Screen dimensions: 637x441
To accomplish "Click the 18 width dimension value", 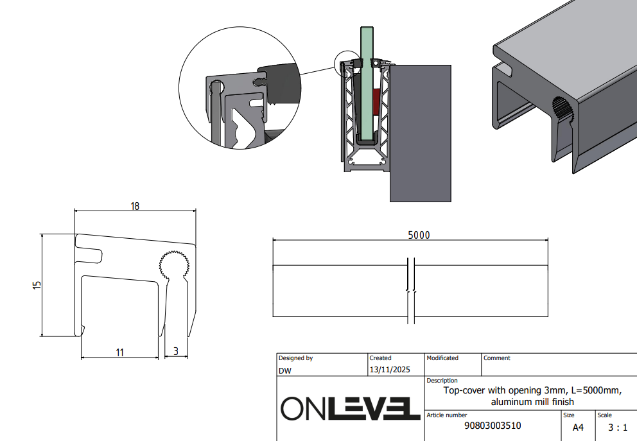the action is (x=135, y=206).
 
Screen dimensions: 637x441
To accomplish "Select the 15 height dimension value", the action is (x=37, y=285).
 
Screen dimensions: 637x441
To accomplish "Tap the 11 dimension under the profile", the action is (x=119, y=352).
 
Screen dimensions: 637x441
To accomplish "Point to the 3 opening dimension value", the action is (x=175, y=351).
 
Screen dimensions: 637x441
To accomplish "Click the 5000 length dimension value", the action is (x=419, y=235).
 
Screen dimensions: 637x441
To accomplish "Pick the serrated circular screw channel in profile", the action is (x=174, y=264).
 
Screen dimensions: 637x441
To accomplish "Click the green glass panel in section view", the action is (x=367, y=83).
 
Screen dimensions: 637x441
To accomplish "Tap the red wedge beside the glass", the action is (x=376, y=101).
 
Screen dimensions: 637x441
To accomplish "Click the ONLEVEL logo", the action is (x=351, y=408).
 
